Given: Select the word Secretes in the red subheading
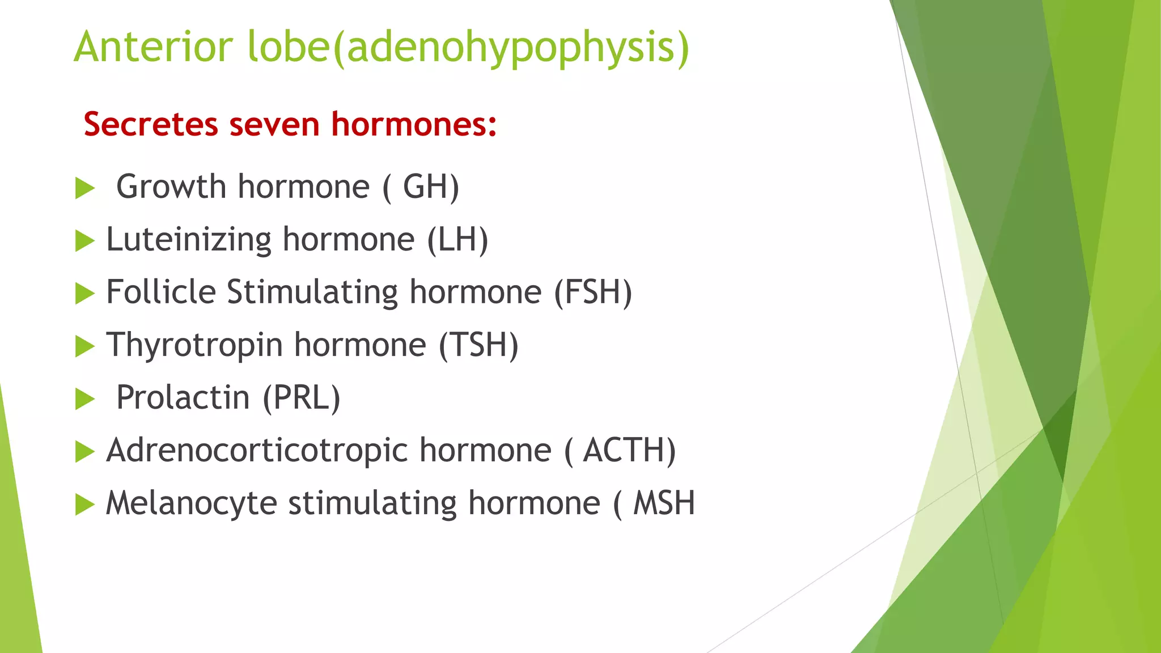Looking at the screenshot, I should tap(150, 124).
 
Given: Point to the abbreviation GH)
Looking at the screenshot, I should tap(431, 186).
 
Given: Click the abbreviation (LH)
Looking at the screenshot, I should tap(457, 239).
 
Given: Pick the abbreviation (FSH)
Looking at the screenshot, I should tap(592, 292).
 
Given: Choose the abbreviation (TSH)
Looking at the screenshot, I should tap(478, 345).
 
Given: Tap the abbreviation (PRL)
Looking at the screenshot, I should tap(301, 397).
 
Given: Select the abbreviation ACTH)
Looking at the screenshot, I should tap(629, 450).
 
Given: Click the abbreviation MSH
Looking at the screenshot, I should tap(664, 503).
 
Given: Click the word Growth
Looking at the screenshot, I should tap(171, 186).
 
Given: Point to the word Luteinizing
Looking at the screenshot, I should tap(189, 239).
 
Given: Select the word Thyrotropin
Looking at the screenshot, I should tap(194, 345).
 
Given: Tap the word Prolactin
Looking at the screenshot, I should tap(183, 397).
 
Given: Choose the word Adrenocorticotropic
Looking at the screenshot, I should tap(257, 450).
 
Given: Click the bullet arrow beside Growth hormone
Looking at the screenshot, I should tap(84, 188).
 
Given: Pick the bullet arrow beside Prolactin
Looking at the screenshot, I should tap(84, 399).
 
